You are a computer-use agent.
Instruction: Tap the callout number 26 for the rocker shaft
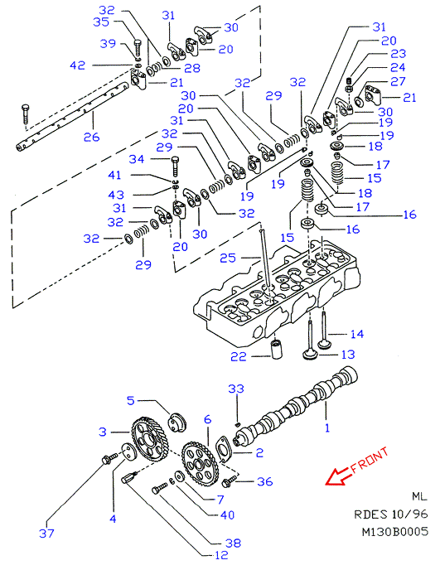pos(91,137)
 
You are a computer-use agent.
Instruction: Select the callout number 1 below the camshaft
pos(327,427)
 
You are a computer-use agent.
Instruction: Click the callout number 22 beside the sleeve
pos(238,356)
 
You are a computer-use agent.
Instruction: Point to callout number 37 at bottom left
pos(46,534)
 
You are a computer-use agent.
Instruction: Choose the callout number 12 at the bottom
pos(220,555)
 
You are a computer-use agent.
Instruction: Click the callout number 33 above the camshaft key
pos(236,389)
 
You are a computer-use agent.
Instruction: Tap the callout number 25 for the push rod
pos(228,258)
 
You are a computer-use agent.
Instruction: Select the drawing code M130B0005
pos(395,531)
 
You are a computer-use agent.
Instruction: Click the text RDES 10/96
pos(391,514)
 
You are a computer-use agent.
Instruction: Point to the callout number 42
pos(77,65)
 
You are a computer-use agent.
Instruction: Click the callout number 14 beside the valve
pos(357,334)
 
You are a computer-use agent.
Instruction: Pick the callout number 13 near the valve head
pos(348,354)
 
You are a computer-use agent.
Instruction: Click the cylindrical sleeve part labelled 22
pos(277,349)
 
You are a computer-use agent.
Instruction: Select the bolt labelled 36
pos(229,482)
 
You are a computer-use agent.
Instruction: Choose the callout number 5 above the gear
pos(131,401)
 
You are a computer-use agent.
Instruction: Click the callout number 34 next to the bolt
pos(137,159)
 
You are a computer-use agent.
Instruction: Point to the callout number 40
pos(227,514)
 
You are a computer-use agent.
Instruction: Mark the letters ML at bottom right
pos(419,496)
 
